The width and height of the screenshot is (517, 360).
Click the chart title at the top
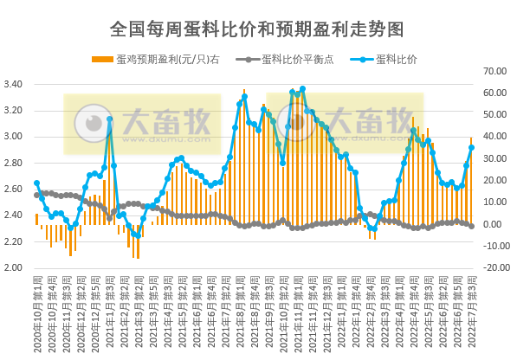point(257,29)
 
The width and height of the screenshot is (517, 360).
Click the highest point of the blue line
point(302,89)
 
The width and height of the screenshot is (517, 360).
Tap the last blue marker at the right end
point(471,148)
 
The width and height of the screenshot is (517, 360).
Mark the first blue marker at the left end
point(36,183)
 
